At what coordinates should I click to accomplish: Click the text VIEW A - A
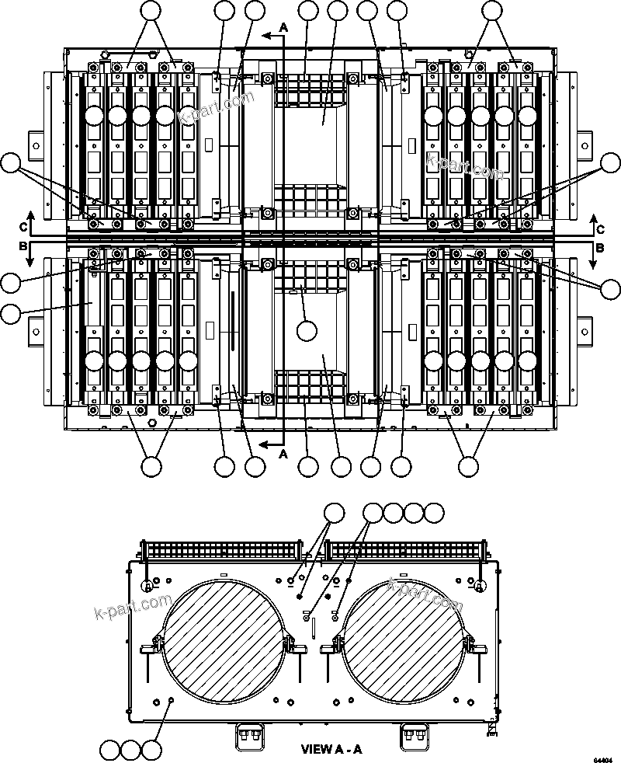coord(331,750)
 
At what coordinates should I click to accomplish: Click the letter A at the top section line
coord(283,26)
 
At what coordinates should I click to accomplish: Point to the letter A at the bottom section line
coord(283,452)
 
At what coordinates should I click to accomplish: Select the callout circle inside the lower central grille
coord(307,330)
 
